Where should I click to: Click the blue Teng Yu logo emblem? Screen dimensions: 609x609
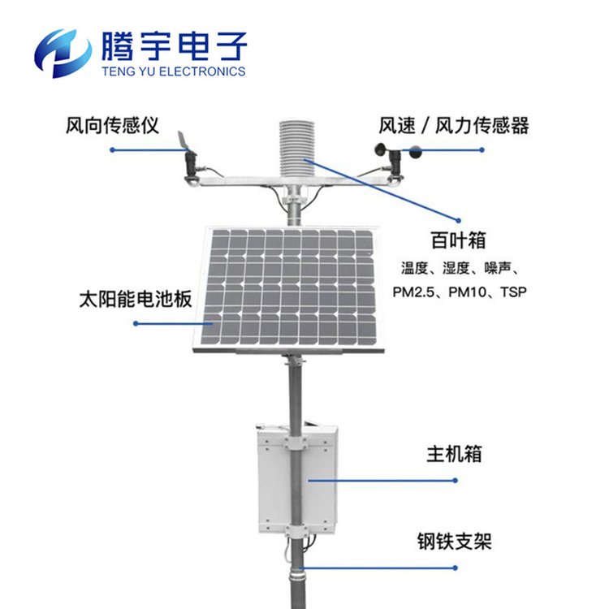tap(64, 50)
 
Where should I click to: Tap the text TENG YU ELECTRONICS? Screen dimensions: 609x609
tap(174, 71)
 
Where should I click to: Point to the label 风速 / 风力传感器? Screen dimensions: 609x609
tap(454, 126)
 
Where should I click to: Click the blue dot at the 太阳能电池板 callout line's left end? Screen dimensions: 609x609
tap(135, 323)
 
